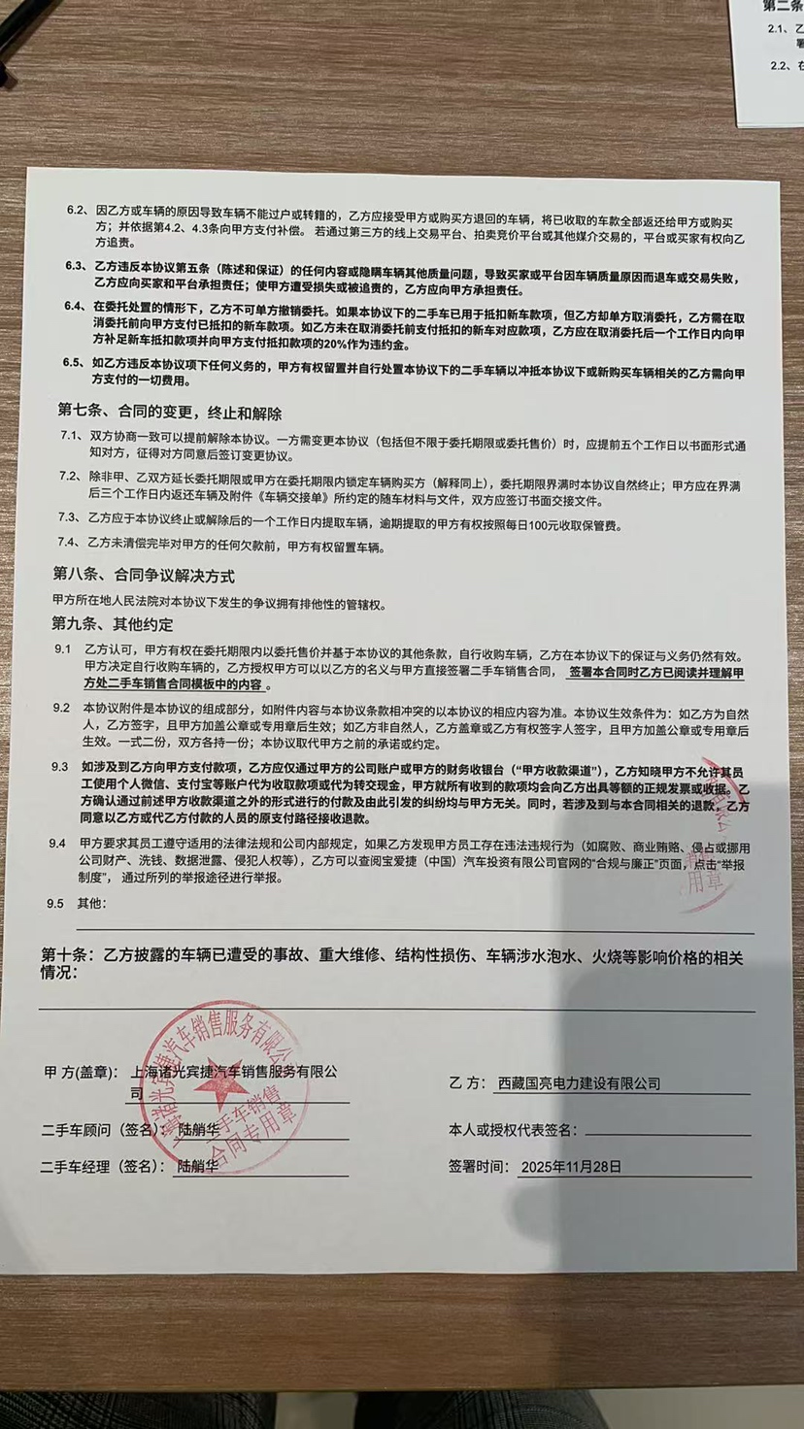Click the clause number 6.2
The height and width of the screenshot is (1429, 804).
point(75,211)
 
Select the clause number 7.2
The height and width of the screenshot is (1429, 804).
point(67,477)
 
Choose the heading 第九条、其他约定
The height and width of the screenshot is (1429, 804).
point(113,621)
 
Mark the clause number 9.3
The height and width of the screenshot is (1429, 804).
point(61,768)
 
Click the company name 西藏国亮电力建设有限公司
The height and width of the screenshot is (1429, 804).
point(579,1082)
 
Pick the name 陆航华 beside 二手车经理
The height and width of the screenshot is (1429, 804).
point(198,1167)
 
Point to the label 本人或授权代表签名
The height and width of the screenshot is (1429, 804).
point(512,1131)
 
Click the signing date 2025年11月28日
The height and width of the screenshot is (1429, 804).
point(571,1167)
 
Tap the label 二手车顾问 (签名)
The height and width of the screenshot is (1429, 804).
point(98,1130)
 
